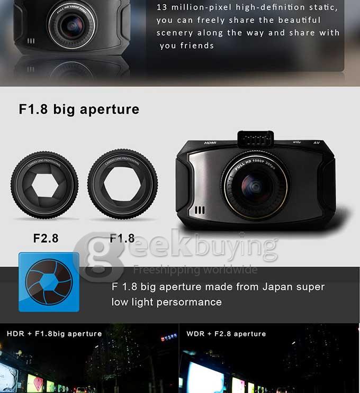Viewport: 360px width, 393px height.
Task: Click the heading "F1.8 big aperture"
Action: pos(79,109)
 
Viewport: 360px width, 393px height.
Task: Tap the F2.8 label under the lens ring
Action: pos(46,238)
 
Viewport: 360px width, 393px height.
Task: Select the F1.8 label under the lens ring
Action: pos(122,238)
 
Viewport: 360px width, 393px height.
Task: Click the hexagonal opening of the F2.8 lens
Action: pos(44,185)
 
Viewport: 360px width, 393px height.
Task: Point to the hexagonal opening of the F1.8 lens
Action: pos(122,185)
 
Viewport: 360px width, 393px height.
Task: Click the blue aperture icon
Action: pos(49,282)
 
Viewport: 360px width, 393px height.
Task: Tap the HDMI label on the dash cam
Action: pos(210,143)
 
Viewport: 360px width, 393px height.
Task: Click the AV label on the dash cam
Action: pos(317,142)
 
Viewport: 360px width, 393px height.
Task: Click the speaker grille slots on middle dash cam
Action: pos(199,210)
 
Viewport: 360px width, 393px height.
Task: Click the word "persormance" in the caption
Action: pos(193,302)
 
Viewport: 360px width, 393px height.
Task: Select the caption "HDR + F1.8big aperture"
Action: pos(54,334)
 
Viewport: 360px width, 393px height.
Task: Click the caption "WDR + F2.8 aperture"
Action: pos(226,334)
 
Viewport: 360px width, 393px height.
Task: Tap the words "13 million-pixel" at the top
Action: pos(187,7)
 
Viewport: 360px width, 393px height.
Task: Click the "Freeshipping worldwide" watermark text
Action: pos(195,269)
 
